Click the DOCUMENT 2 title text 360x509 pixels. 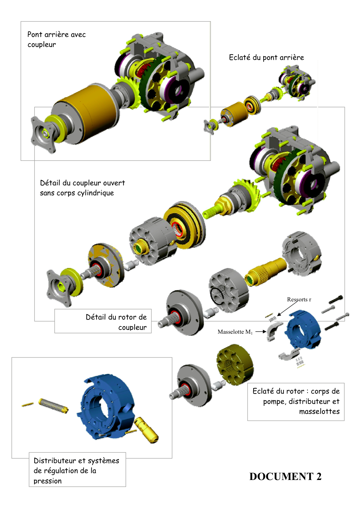click(285, 477)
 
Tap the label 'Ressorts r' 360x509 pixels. click(299, 300)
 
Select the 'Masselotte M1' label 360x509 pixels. click(235, 332)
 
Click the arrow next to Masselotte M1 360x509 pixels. click(260, 332)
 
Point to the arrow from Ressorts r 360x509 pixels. click(287, 309)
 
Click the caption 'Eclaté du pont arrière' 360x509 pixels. click(266, 57)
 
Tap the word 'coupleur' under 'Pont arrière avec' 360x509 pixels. click(42, 45)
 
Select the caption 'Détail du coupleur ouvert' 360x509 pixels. click(82, 183)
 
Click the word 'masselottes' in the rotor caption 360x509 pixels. click(319, 411)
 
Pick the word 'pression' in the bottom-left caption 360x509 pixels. click(47, 481)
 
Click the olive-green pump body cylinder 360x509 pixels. click(235, 364)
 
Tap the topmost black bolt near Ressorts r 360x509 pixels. click(336, 299)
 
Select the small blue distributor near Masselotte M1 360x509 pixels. click(303, 329)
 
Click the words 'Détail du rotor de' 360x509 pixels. click(116, 317)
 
